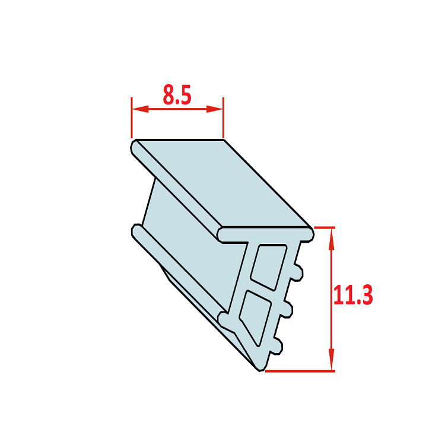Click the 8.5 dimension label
point(177,95)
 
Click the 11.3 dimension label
point(353,295)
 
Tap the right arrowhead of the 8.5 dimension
point(214,109)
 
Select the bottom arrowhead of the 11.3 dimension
point(331,360)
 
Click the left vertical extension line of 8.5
point(132,117)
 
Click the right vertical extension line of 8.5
point(223,117)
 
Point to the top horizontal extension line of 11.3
point(325,228)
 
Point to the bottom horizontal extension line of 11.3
point(300,371)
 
